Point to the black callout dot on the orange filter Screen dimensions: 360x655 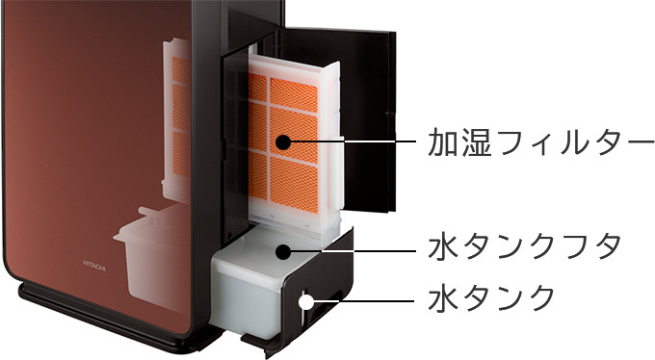(x=282, y=141)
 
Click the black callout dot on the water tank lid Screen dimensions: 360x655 (x=283, y=251)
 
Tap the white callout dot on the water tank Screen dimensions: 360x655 (x=306, y=301)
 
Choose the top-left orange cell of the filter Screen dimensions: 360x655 (x=258, y=88)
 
